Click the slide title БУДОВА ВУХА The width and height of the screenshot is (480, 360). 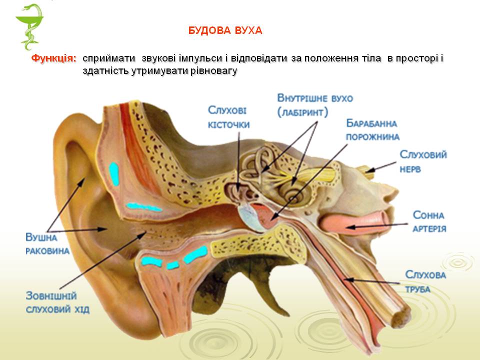[x=225, y=31]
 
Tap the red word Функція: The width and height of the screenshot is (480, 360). [x=54, y=58]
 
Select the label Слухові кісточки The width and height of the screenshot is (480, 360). [x=228, y=117]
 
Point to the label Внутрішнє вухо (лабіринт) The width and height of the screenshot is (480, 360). [x=315, y=104]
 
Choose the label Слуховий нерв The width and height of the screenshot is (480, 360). [x=422, y=161]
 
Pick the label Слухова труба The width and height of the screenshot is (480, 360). [x=425, y=281]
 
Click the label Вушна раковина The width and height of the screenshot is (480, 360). [x=47, y=244]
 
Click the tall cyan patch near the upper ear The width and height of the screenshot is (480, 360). [x=114, y=173]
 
